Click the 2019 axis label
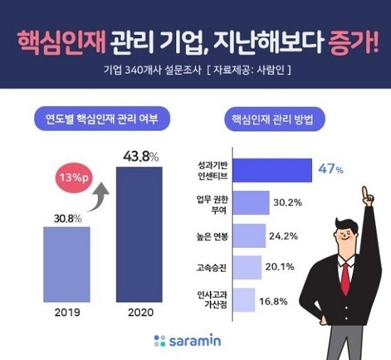66,313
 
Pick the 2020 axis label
140,313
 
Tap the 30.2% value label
289,202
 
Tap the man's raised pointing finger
366,193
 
